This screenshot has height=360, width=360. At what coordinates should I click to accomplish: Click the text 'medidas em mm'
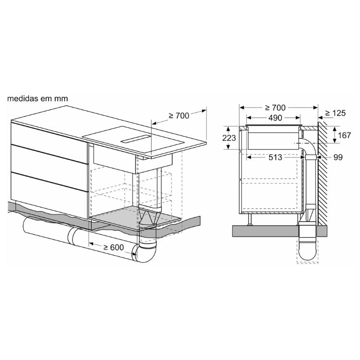tap(37, 98)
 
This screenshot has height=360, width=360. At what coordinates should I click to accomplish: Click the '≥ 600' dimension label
tap(113, 247)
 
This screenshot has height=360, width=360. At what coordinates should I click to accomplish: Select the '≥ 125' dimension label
tap(336, 113)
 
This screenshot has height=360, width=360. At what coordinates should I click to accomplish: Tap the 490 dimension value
tap(275, 118)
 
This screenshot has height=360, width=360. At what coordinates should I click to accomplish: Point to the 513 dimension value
tap(275, 157)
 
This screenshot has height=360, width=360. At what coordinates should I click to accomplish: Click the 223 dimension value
tap(229, 138)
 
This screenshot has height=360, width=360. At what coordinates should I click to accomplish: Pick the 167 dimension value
tap(344, 135)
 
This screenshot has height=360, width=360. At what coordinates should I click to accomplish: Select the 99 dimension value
tap(338, 157)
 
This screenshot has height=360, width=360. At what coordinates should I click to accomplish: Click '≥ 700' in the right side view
tap(275, 108)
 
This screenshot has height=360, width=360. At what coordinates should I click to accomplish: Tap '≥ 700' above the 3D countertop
tap(179, 116)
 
